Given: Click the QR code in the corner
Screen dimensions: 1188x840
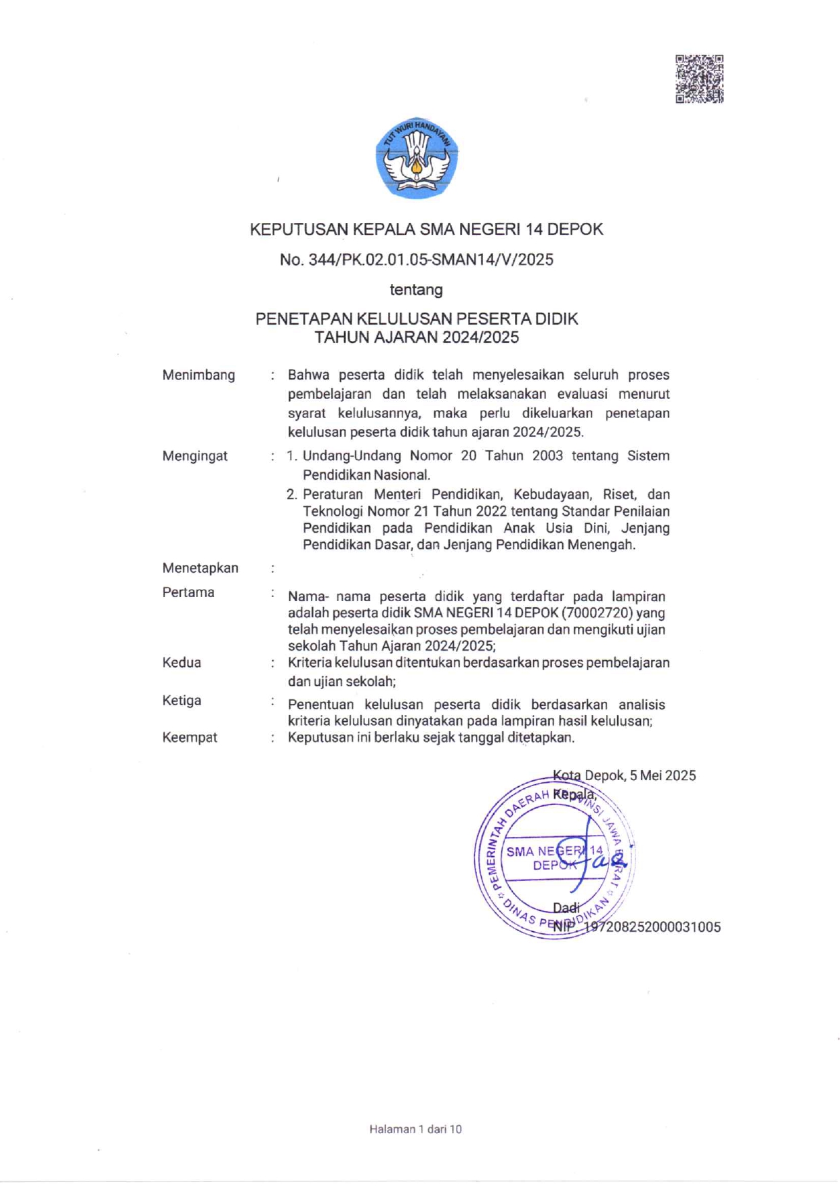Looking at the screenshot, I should pyautogui.click(x=699, y=79).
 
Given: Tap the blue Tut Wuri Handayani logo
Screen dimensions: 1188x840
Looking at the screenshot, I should pyautogui.click(x=417, y=158).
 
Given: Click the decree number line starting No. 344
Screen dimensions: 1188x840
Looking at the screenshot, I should pyautogui.click(x=417, y=260).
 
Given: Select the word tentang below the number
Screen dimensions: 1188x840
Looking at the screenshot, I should pyautogui.click(x=416, y=290).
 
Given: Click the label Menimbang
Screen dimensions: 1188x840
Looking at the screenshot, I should pyautogui.click(x=198, y=375).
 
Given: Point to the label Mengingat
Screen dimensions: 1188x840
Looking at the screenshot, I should pyautogui.click(x=195, y=456).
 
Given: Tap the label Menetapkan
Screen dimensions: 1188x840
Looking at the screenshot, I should pyautogui.click(x=200, y=568).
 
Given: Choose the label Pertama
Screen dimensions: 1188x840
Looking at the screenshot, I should pyautogui.click(x=188, y=592).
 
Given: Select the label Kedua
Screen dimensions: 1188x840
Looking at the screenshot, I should pyautogui.click(x=182, y=663).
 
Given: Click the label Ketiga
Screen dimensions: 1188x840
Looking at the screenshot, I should pyautogui.click(x=182, y=701).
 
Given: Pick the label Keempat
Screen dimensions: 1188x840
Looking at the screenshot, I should pyautogui.click(x=190, y=737).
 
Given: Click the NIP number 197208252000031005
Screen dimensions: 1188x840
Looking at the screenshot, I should pyautogui.click(x=652, y=927).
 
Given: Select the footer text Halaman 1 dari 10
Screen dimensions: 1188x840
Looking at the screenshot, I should pyautogui.click(x=415, y=1129).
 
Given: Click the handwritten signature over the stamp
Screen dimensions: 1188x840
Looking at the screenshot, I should pyautogui.click(x=596, y=857).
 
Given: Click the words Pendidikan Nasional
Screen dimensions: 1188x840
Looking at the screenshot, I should pyautogui.click(x=366, y=475).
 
